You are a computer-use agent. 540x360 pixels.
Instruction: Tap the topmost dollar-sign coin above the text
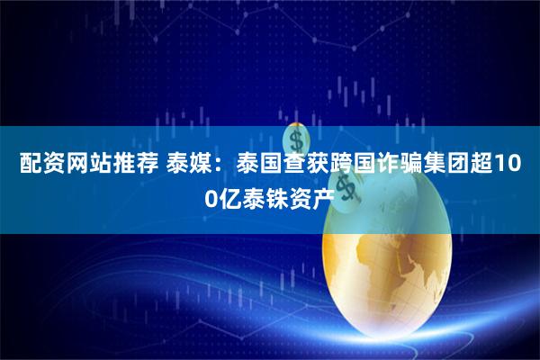296,139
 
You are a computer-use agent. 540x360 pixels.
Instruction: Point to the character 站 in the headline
92,166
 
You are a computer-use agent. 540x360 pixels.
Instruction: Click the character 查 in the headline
287,166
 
